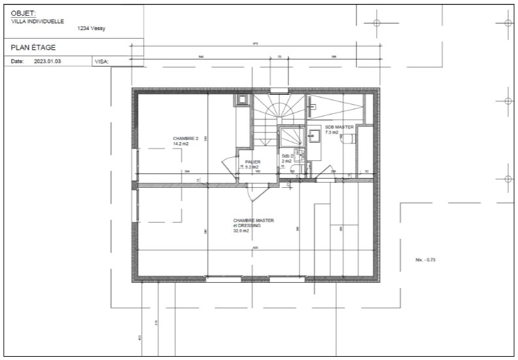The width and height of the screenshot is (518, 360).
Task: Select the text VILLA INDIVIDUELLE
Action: pyautogui.click(x=37, y=20)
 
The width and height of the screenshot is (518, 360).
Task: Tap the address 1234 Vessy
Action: pyautogui.click(x=92, y=29)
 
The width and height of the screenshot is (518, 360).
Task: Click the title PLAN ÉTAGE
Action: pyautogui.click(x=33, y=47)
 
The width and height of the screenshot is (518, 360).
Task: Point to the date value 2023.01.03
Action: pyautogui.click(x=47, y=62)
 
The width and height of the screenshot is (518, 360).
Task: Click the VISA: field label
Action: pyautogui.click(x=101, y=62)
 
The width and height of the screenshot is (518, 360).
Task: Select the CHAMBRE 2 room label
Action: pyautogui.click(x=185, y=139)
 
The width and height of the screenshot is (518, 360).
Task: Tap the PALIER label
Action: pyautogui.click(x=253, y=162)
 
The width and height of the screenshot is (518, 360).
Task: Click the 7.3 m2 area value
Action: pyautogui.click(x=332, y=132)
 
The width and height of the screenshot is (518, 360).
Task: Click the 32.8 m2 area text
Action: pyautogui.click(x=241, y=230)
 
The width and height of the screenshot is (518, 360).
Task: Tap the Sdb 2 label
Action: pyautogui.click(x=287, y=156)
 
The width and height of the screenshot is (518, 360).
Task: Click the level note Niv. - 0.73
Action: pyautogui.click(x=425, y=260)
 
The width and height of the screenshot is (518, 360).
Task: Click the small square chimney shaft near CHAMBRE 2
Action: pyautogui.click(x=243, y=99)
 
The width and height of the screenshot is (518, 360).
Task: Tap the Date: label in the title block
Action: pyautogui.click(x=18, y=62)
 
